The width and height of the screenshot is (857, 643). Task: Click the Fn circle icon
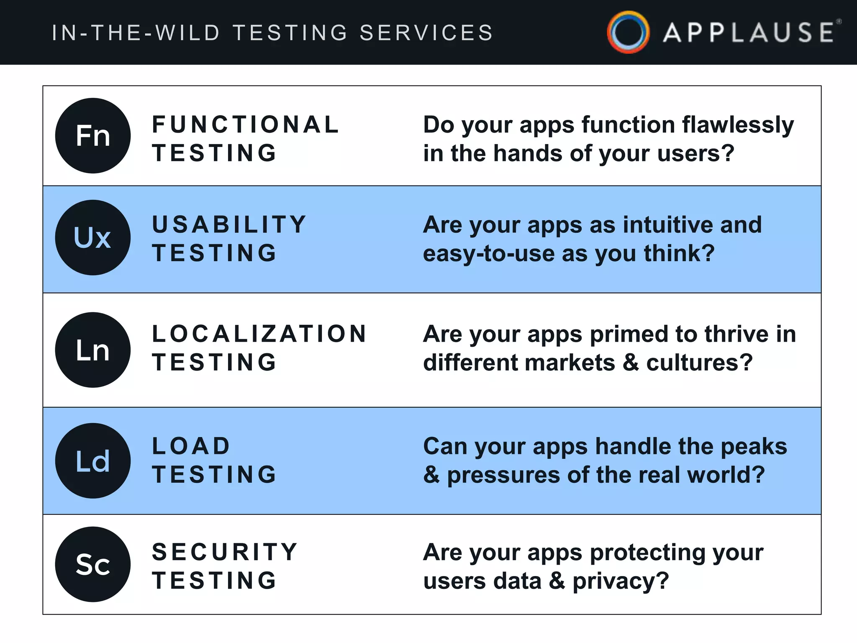point(93,136)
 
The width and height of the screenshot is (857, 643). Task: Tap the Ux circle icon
point(93,237)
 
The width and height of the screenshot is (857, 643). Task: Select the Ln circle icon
point(93,350)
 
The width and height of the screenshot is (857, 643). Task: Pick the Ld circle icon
point(93,460)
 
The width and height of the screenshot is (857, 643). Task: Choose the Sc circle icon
point(93,564)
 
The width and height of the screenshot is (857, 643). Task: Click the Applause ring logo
point(628,32)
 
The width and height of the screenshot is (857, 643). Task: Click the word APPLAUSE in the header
point(749,33)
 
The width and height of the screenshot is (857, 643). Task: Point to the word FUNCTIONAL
point(245,125)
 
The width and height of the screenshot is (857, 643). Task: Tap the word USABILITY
point(229,225)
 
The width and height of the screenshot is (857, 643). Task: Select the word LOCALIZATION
point(259,334)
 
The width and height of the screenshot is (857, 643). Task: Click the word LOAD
point(191,446)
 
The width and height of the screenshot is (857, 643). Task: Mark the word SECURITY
point(225,552)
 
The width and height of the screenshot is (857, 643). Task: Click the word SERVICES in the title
point(426,33)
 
